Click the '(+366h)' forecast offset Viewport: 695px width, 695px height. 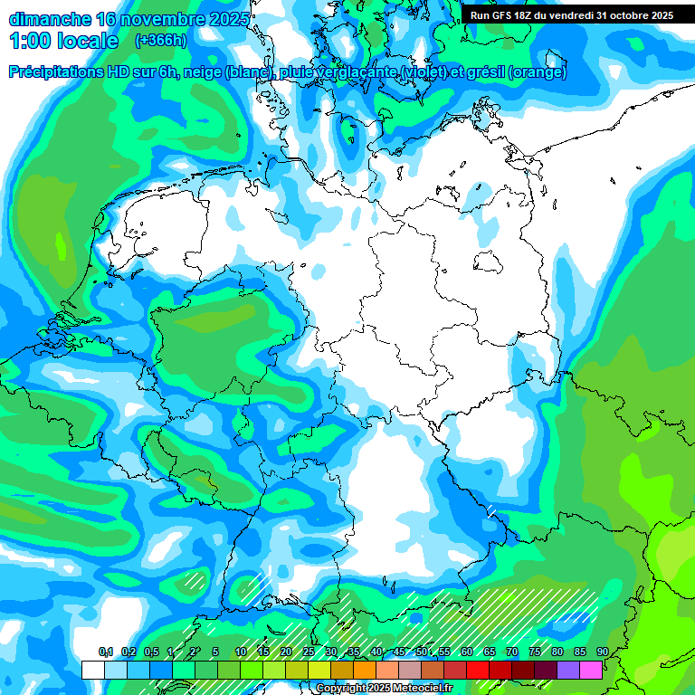[x=162, y=41]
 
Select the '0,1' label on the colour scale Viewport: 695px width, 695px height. [x=106, y=652]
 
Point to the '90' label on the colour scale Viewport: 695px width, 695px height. [x=602, y=652]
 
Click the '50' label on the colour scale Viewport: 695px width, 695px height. [x=422, y=652]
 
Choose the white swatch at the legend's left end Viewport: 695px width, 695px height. [x=93, y=670]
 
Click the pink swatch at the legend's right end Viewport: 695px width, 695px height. [x=590, y=670]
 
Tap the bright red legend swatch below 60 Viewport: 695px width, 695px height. [x=477, y=670]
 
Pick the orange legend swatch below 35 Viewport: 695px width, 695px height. [x=364, y=670]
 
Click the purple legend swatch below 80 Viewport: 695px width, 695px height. [x=567, y=670]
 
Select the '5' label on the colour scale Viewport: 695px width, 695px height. [x=215, y=652]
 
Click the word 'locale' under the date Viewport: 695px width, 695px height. [x=86, y=41]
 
